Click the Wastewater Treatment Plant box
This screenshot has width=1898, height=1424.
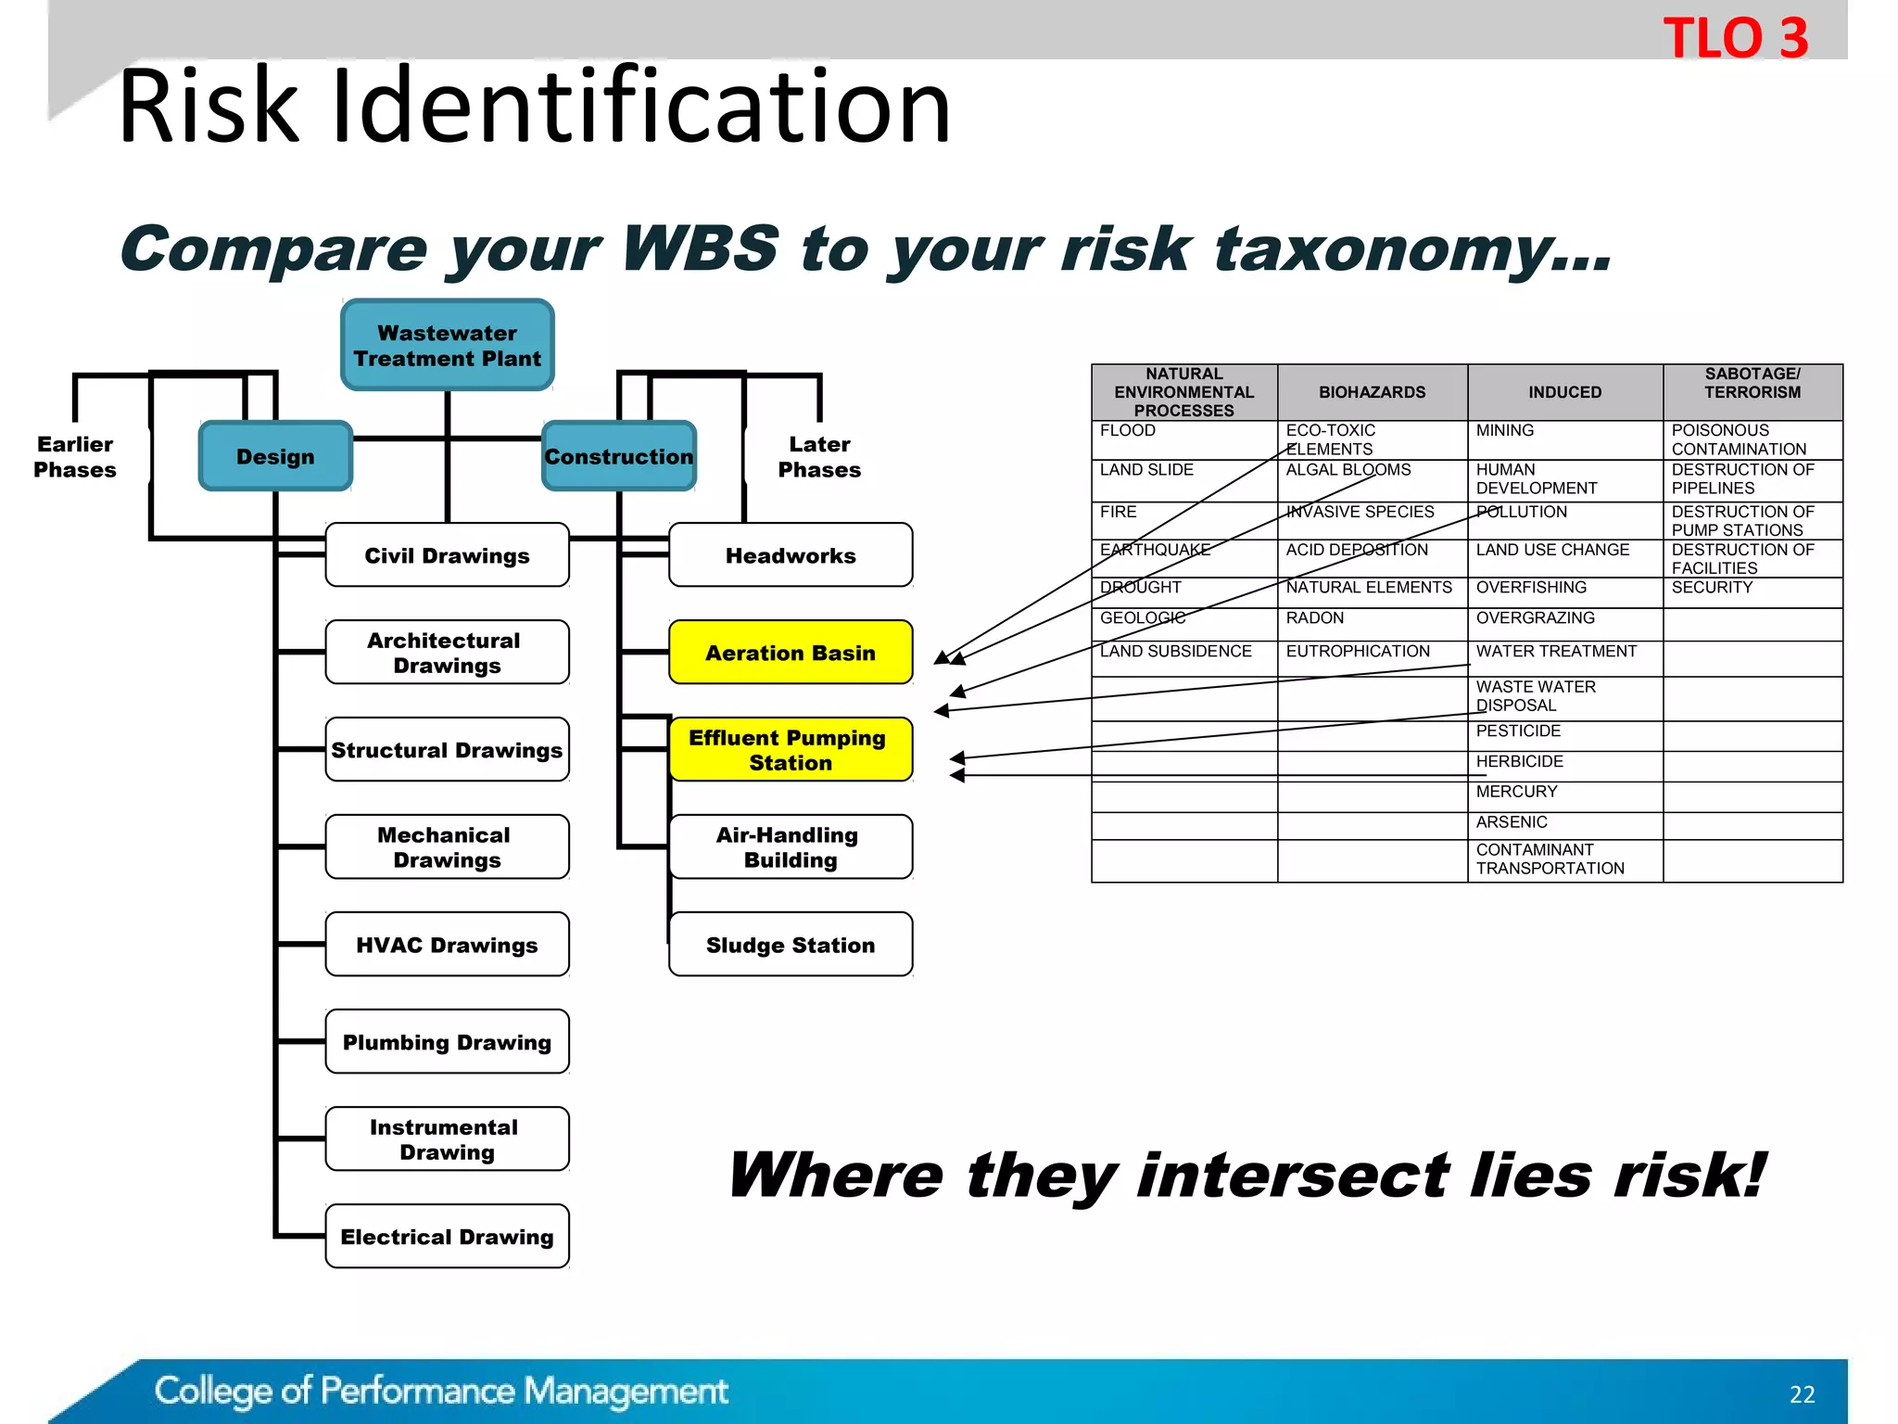click(x=447, y=345)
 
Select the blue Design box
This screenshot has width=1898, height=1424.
click(x=275, y=456)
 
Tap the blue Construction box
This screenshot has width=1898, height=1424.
click(x=618, y=456)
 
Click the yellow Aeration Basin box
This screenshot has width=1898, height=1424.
click(x=790, y=653)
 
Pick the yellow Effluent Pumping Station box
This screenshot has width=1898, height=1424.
click(x=790, y=750)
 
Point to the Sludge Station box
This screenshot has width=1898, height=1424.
click(x=790, y=945)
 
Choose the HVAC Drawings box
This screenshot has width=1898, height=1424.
click(x=447, y=945)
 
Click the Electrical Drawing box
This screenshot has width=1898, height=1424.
click(x=447, y=1237)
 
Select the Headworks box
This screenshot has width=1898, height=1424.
click(x=790, y=555)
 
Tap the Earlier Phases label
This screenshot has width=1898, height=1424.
click(x=75, y=457)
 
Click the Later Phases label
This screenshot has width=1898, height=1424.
click(x=819, y=457)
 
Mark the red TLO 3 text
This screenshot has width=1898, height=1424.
click(x=1735, y=39)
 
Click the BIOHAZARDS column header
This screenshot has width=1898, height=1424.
click(x=1372, y=392)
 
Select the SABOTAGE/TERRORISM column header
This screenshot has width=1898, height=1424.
click(x=1752, y=384)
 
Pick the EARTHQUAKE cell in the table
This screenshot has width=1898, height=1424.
click(x=1155, y=550)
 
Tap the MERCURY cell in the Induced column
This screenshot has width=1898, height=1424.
click(x=1516, y=792)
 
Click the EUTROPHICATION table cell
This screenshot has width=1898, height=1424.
click(x=1358, y=652)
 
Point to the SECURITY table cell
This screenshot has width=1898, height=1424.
click(x=1712, y=588)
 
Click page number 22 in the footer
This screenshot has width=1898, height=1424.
click(x=1802, y=1394)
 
